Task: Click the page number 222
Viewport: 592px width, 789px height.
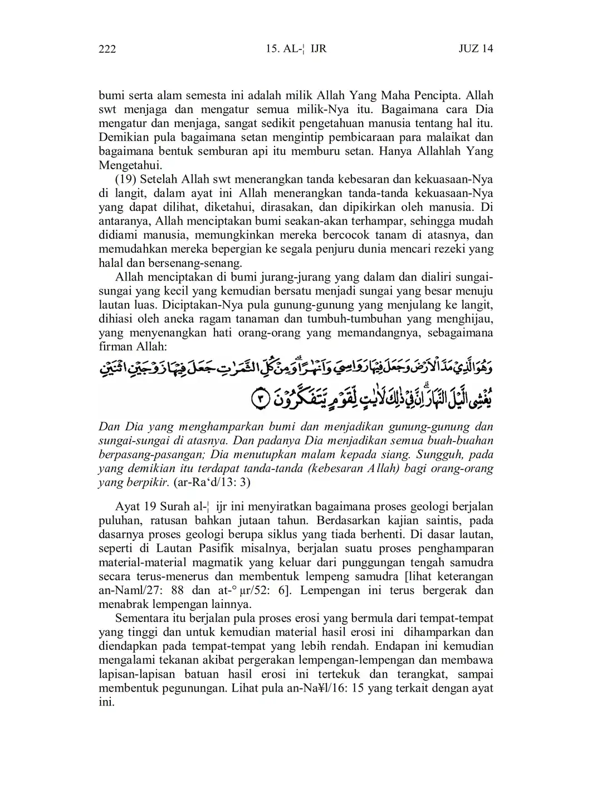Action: point(107,49)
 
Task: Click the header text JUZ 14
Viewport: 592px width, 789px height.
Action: point(476,49)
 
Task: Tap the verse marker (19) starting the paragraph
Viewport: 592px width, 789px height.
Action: point(125,179)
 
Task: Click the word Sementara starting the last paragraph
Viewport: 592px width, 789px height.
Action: point(141,618)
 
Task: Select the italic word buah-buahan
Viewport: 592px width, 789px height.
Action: point(459,440)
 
